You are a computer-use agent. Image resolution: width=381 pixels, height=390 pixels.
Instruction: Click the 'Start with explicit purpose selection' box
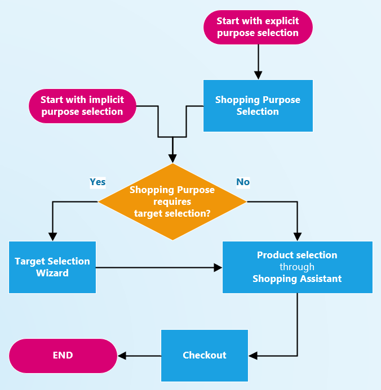click(258, 27)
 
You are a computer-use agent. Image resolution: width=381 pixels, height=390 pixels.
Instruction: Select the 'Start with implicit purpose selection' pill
click(82, 106)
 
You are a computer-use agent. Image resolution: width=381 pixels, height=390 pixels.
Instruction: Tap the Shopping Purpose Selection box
click(258, 106)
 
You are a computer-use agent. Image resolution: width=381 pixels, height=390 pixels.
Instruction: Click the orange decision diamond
click(172, 201)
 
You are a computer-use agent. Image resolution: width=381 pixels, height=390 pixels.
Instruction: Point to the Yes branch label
click(98, 182)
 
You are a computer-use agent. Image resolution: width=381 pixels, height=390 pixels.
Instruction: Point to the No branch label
click(243, 182)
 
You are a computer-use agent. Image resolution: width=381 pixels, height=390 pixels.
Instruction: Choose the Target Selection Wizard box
click(52, 267)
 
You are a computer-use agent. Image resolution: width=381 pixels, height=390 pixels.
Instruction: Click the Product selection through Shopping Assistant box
click(297, 267)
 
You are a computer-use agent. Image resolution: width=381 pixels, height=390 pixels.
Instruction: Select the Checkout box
click(205, 355)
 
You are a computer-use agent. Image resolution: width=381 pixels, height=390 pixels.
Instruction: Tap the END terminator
click(63, 355)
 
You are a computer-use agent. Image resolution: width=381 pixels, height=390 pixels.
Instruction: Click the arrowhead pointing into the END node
click(121, 355)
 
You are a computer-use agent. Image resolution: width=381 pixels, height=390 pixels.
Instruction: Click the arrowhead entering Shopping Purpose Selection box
click(258, 75)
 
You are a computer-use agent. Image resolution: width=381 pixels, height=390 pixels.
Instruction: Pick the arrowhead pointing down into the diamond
click(172, 159)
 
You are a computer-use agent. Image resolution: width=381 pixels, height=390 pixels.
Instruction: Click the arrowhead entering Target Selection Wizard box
click(52, 237)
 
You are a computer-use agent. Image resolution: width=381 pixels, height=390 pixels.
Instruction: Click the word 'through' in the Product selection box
click(297, 267)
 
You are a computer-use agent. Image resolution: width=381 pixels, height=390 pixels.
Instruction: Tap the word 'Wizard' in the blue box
click(52, 273)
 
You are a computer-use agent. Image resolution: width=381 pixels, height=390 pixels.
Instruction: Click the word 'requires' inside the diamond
click(172, 201)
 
